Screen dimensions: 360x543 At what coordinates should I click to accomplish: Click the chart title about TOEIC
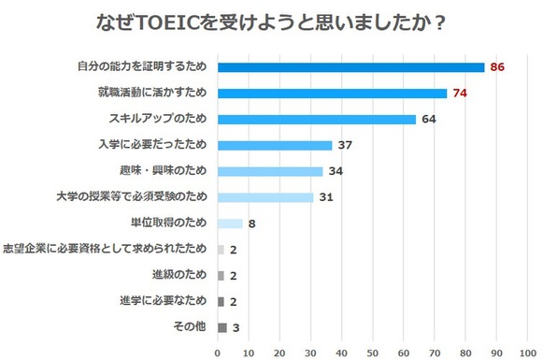click(271, 20)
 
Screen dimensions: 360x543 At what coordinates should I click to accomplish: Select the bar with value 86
click(350, 67)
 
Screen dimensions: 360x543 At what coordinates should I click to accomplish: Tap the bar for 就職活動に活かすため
click(332, 94)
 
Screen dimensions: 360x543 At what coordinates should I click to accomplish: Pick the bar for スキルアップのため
click(316, 120)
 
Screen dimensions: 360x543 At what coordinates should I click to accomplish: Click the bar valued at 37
click(275, 145)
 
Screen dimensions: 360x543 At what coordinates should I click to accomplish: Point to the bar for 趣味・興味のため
click(270, 171)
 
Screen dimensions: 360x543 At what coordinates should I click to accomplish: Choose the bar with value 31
click(265, 197)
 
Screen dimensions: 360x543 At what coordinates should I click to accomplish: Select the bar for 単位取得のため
click(230, 223)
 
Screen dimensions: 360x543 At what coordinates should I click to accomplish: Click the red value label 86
click(497, 67)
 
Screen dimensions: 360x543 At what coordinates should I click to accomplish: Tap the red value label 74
click(460, 94)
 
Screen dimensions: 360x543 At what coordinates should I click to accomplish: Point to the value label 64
click(429, 120)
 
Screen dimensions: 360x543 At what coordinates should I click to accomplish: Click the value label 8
click(252, 223)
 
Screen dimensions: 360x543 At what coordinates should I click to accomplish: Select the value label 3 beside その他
click(236, 327)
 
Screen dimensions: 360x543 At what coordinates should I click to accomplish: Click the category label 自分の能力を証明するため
click(142, 67)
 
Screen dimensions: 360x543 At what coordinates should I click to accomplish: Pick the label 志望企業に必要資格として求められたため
click(106, 250)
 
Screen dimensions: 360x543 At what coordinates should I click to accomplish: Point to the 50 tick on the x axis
click(372, 353)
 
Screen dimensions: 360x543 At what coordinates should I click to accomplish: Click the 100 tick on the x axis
click(526, 353)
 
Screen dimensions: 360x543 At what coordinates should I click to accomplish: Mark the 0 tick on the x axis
click(218, 353)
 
